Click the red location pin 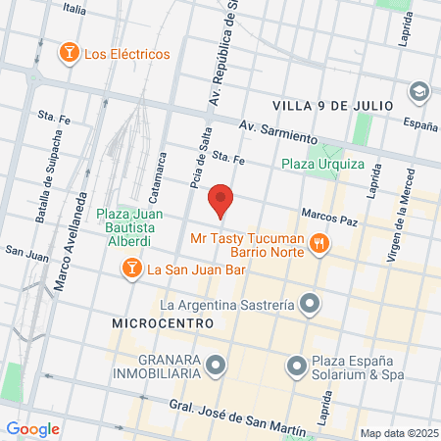(x=221, y=200)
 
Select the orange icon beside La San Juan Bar (x=129, y=268)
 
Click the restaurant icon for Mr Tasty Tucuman (x=318, y=244)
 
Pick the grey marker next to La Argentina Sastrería (x=310, y=304)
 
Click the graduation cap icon (x=419, y=91)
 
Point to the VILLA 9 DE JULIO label (x=333, y=104)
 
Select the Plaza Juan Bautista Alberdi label (x=129, y=225)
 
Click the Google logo (x=32, y=428)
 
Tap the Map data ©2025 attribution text (x=396, y=433)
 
